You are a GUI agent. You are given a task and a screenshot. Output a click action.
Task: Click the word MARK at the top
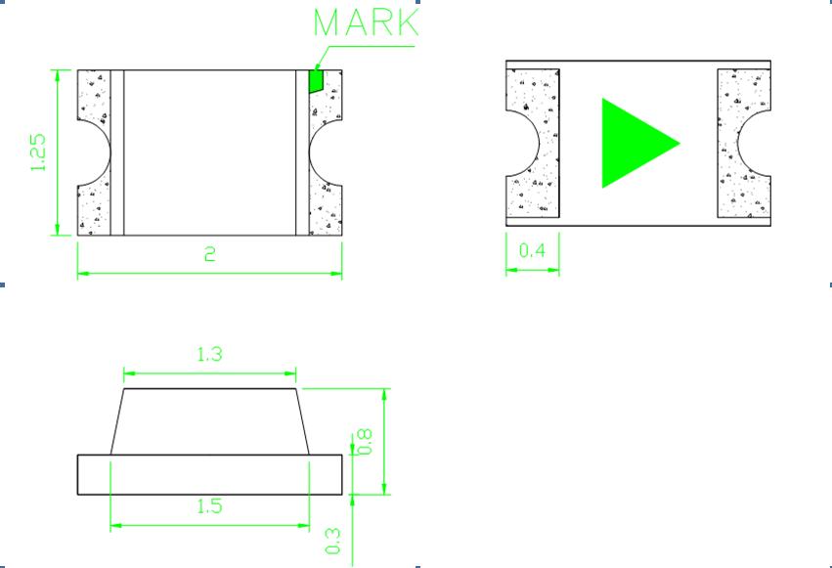365,24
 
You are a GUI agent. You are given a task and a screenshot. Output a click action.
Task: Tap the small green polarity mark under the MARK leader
315,81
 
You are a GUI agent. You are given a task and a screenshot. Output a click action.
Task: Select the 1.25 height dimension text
38,153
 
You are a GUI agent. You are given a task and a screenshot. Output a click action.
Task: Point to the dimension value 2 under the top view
209,255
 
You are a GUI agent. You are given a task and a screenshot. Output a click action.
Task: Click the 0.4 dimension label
532,251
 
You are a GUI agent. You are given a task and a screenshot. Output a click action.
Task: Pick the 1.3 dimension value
209,355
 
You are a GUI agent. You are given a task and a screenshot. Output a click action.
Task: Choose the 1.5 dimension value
209,506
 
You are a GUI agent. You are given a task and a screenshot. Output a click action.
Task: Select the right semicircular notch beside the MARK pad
326,153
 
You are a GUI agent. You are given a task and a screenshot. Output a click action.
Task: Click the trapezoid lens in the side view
209,421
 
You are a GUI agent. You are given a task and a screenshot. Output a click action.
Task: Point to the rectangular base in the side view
209,474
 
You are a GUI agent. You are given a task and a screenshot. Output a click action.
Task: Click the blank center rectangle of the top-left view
209,153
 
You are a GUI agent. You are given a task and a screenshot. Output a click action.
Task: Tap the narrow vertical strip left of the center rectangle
117,153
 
